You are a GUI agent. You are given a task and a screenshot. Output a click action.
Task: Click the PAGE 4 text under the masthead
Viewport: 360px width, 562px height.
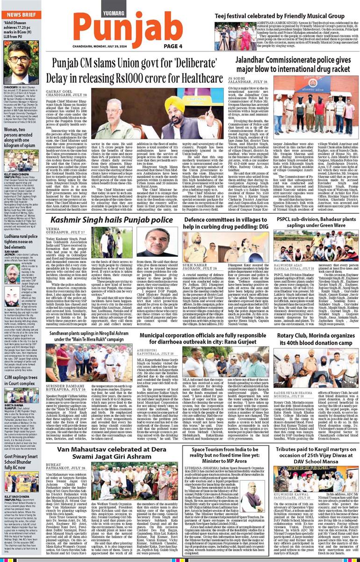173,46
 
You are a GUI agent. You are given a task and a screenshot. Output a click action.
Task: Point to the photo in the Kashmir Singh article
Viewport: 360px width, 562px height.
156,243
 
